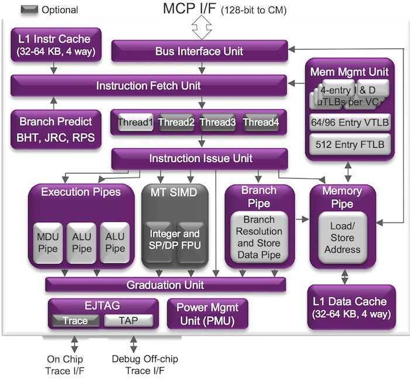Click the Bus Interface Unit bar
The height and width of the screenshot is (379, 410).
(199, 51)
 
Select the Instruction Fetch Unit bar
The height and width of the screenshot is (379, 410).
(149, 86)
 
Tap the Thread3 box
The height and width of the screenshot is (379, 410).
(218, 123)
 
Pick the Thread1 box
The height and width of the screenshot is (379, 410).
(135, 123)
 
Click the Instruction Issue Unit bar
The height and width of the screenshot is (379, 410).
(200, 158)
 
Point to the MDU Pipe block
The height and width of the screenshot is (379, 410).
(47, 241)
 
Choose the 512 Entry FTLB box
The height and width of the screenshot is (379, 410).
(349, 144)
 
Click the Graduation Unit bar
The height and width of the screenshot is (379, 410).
(166, 285)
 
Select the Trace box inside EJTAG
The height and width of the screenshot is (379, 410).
(74, 320)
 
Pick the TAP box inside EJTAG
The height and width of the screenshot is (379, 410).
(129, 320)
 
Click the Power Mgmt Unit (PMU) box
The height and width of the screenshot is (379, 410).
(208, 314)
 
